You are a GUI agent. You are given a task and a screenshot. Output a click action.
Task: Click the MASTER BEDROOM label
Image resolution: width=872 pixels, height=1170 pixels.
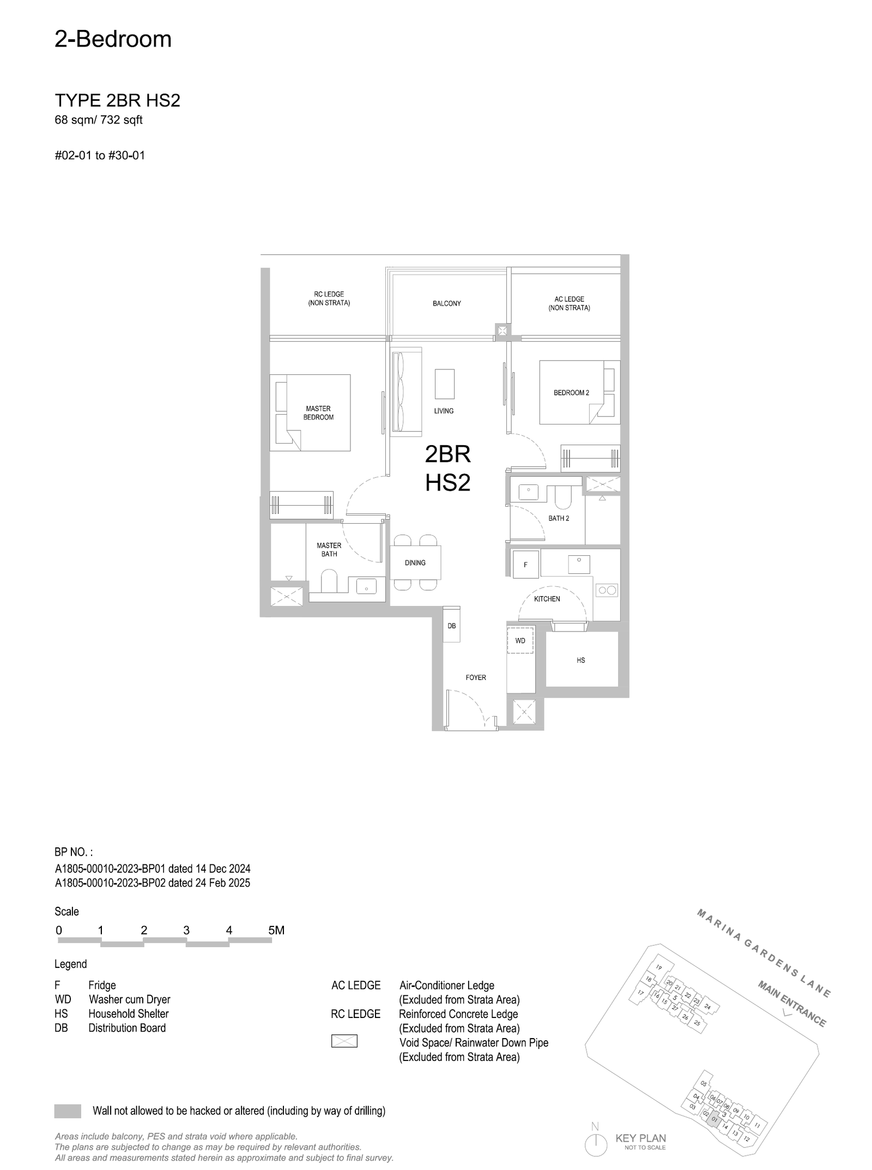(x=318, y=413)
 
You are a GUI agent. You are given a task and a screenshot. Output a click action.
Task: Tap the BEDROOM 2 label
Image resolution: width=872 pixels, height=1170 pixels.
(x=571, y=392)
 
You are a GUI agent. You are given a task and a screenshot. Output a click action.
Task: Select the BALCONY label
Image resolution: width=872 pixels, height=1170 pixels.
(x=447, y=304)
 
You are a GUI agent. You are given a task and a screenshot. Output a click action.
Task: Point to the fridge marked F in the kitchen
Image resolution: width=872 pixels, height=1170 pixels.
(x=525, y=564)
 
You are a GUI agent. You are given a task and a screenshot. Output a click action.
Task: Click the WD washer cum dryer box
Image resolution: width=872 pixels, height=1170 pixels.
(x=520, y=641)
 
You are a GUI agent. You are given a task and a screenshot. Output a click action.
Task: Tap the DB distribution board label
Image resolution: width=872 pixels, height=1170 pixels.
(x=452, y=626)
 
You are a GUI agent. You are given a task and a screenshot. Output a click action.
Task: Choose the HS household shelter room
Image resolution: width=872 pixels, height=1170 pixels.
(x=582, y=659)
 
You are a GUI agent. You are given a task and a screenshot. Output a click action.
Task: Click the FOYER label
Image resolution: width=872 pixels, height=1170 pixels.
(x=476, y=677)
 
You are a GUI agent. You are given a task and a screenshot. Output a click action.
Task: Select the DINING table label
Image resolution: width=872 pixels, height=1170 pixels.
(x=415, y=563)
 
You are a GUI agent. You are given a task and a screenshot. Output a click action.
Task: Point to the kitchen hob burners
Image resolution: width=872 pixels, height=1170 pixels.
(x=607, y=590)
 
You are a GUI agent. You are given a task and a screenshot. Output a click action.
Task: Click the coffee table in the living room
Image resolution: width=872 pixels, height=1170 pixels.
(x=444, y=384)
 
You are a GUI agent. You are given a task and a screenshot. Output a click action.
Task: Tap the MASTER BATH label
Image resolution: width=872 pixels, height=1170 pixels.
(x=329, y=549)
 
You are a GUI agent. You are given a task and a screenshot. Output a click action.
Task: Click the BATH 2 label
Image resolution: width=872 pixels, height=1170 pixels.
(x=559, y=518)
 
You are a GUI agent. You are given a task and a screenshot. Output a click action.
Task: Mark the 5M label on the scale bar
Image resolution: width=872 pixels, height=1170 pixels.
(x=276, y=930)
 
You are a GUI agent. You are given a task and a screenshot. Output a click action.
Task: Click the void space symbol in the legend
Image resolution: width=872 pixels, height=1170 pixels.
(x=344, y=1041)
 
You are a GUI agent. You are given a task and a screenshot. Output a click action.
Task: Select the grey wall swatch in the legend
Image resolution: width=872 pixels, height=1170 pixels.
(x=68, y=1111)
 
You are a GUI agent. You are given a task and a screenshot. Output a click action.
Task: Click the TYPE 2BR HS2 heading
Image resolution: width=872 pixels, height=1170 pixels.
(x=117, y=101)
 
